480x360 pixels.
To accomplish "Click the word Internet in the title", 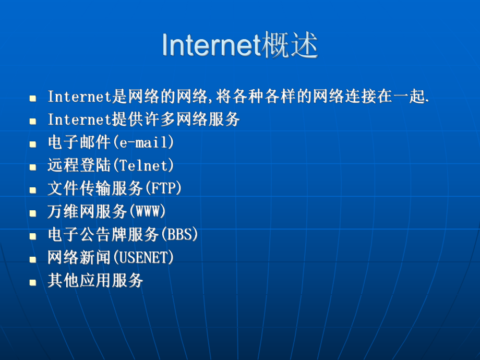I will tap(211, 46).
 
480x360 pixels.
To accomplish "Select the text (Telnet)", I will tap(143, 166).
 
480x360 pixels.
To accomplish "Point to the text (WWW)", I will tap(147, 211).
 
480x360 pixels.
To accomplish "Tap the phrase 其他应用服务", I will tap(95, 281).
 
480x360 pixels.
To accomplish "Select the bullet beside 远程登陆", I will tap(33, 167).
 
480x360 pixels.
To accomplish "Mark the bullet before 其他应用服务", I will tap(33, 282).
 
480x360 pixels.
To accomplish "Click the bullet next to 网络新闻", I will tap(33, 259).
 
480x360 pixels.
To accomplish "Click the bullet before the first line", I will tap(33, 98).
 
